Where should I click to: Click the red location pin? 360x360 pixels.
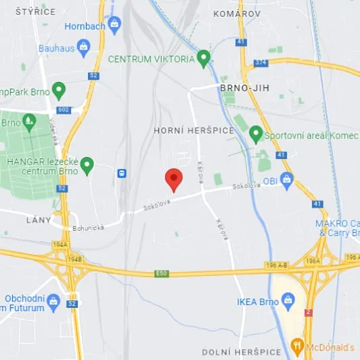(174, 179)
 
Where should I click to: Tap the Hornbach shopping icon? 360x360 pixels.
(114, 25)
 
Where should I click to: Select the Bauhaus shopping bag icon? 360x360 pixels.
(83, 47)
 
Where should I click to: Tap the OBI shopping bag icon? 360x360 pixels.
(288, 180)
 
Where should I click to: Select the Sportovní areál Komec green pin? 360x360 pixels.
(256, 133)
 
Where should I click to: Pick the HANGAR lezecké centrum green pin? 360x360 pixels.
(87, 164)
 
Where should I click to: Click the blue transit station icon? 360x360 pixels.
(122, 173)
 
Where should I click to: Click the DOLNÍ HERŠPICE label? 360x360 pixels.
(242, 352)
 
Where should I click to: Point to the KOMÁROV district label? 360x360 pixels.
(236, 14)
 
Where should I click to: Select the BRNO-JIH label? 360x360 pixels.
(241, 88)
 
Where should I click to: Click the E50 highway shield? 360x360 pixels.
(161, 273)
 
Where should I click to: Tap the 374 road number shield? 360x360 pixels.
(261, 63)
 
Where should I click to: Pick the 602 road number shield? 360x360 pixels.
(64, 110)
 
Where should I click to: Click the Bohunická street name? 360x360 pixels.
(89, 229)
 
